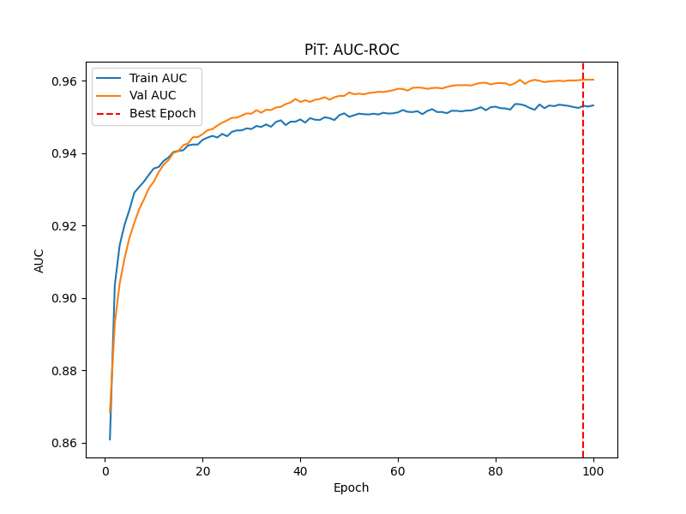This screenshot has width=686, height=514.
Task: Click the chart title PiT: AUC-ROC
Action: [x=352, y=50]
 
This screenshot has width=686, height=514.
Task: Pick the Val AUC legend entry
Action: [x=153, y=95]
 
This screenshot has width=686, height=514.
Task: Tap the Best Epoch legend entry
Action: [x=162, y=113]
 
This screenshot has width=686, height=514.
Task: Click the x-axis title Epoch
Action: [x=352, y=488]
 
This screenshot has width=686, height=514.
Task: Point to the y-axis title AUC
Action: [x=39, y=260]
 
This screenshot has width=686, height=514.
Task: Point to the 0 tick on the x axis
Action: [x=105, y=470]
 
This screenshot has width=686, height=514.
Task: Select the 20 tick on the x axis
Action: [x=202, y=470]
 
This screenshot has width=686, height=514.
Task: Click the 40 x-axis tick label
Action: [x=300, y=470]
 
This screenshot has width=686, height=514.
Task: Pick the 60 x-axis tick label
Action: [x=398, y=470]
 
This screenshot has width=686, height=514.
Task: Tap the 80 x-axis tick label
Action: [x=496, y=470]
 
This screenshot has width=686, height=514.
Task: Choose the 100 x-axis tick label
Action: [x=593, y=470]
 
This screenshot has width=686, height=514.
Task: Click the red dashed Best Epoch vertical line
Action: [x=583, y=257]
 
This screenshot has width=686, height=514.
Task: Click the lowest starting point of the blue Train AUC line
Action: [x=110, y=439]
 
